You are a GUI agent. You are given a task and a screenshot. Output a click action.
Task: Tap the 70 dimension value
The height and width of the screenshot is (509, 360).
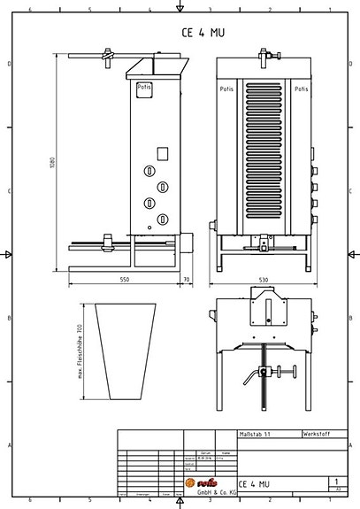click(x=186, y=280)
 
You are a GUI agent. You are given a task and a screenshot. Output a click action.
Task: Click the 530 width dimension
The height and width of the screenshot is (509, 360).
click(x=263, y=280)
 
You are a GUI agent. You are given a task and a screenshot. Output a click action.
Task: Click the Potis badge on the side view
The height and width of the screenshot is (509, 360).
click(x=143, y=88)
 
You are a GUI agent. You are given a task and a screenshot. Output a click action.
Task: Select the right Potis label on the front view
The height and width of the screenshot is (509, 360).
click(x=302, y=90)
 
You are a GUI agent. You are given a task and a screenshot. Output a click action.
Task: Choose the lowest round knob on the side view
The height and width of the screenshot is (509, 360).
click(x=163, y=219)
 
